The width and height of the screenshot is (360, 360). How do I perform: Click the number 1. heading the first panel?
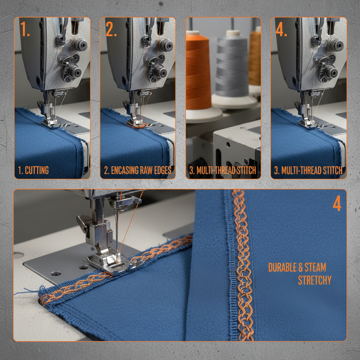click(25, 30)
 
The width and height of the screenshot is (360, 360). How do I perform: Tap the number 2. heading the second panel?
click(111, 30)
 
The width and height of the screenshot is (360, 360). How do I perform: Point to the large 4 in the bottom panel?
click(336, 203)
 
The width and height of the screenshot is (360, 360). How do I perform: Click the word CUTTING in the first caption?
click(37, 171)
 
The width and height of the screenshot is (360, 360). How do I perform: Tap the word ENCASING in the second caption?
click(125, 171)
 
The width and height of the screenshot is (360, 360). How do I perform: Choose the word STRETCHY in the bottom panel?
click(315, 280)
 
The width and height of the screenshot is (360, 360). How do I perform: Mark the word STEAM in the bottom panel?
click(315, 268)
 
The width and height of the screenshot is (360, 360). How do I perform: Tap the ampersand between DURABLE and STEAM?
click(300, 268)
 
